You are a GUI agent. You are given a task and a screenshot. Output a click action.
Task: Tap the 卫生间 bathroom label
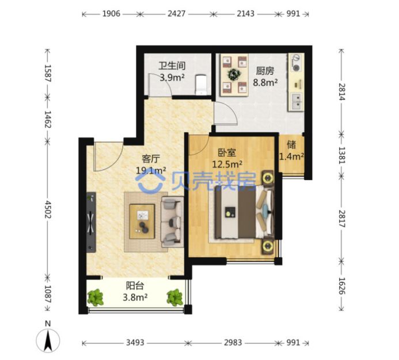(172, 66)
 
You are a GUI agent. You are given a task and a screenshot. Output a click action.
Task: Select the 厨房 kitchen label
(265, 71)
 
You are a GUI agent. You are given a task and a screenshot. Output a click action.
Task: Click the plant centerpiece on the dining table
(234, 74)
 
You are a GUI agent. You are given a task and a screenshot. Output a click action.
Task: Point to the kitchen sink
(296, 101)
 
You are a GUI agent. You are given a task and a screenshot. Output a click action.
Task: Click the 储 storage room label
(291, 145)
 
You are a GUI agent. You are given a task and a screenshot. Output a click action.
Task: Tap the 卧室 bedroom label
(227, 152)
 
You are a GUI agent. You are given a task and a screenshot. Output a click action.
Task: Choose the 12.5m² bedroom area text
(227, 164)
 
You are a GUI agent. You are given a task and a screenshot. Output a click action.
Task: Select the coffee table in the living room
(142, 221)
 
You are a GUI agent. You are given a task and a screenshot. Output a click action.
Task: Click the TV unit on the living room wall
(91, 222)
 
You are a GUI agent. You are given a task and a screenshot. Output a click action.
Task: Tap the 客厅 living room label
(151, 159)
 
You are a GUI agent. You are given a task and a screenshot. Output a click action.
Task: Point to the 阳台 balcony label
(135, 286)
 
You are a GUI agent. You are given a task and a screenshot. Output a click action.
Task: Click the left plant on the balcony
(95, 297)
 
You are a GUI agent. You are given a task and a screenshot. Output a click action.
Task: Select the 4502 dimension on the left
(48, 209)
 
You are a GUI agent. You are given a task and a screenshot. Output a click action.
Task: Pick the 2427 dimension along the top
(176, 13)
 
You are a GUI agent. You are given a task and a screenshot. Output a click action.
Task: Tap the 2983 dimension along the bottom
(233, 342)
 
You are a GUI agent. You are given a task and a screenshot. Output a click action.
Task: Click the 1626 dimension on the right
(341, 286)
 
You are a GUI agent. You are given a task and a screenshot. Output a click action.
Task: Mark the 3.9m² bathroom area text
(172, 77)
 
